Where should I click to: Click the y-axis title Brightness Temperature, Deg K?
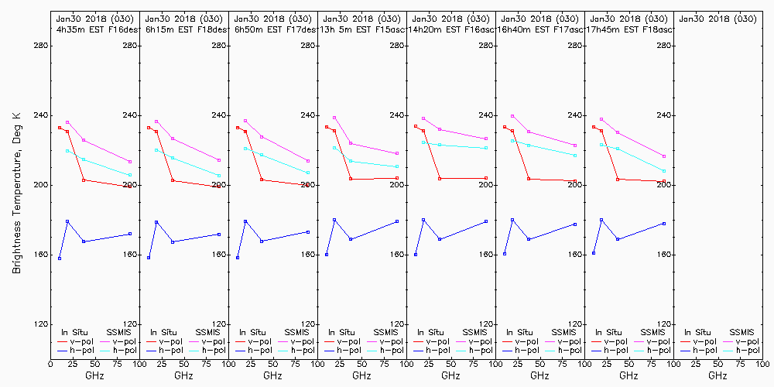(15, 193)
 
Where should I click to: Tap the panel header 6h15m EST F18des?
(183, 29)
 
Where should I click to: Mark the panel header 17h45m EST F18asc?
(629, 29)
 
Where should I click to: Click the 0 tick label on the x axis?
(50, 362)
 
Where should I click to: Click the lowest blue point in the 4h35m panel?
(60, 258)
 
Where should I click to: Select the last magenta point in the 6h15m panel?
(219, 160)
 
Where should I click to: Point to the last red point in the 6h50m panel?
(308, 184)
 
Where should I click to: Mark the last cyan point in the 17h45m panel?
(664, 171)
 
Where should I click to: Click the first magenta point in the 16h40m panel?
(512, 116)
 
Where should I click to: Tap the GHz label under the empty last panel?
(717, 375)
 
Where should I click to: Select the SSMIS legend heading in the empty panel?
(743, 332)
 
